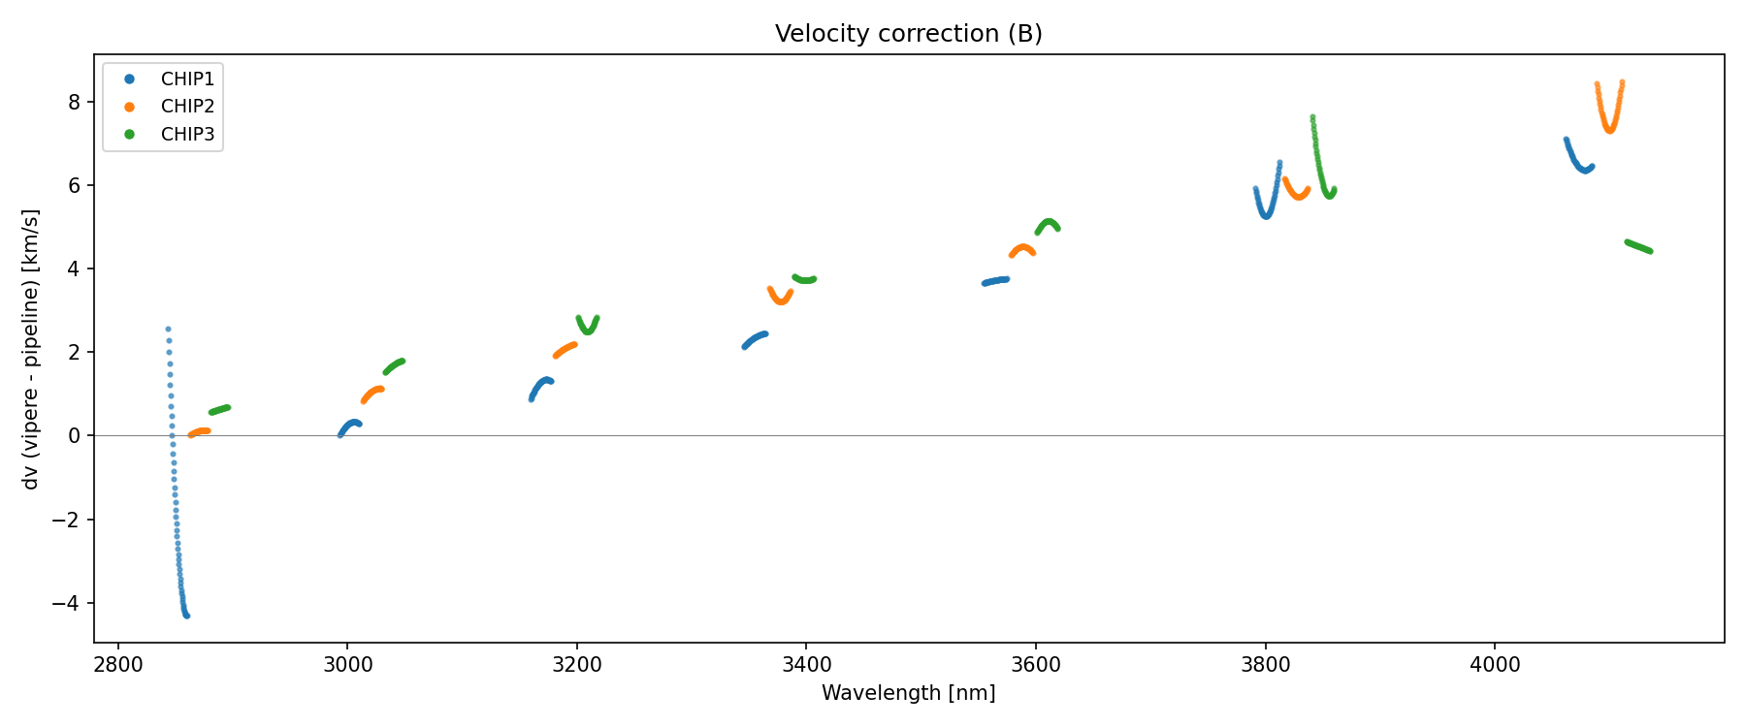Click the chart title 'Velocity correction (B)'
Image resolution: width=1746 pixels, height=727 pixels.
(x=908, y=34)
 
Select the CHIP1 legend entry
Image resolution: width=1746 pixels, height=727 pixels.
(x=187, y=79)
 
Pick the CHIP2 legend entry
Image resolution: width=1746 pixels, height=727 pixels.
(x=187, y=107)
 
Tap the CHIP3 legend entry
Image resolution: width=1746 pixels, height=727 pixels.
(x=187, y=135)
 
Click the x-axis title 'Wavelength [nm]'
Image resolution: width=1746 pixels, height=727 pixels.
(x=908, y=693)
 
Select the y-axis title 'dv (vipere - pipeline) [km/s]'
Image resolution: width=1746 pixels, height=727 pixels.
(x=31, y=349)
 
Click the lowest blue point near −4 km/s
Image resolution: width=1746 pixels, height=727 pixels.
(x=186, y=616)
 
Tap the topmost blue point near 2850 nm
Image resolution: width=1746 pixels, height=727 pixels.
(x=168, y=330)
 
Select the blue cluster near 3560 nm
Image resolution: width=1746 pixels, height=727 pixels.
(x=995, y=281)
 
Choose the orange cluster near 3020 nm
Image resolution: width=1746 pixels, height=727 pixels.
(x=372, y=393)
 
